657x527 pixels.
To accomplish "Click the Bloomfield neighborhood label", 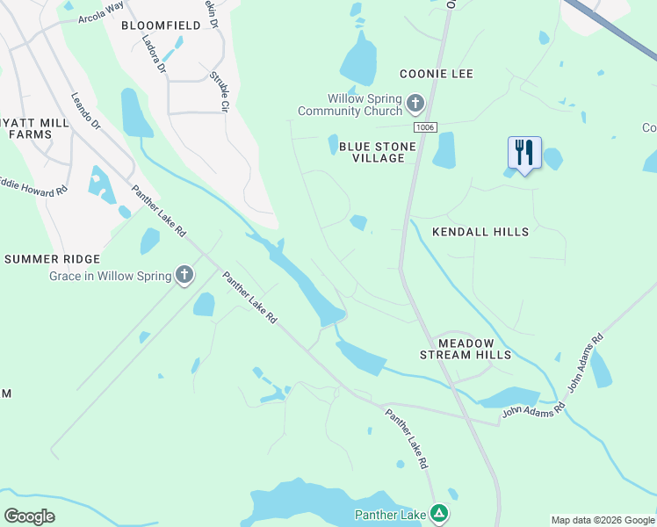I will [x=161, y=25].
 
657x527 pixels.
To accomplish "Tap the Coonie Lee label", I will [x=437, y=74].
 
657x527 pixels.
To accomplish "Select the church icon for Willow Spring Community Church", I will [x=415, y=105].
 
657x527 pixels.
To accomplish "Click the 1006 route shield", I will [x=426, y=127].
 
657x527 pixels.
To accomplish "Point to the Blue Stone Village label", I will [x=372, y=152].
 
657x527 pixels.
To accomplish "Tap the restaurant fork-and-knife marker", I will [x=524, y=152].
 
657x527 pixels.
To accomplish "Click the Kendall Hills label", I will [x=480, y=232].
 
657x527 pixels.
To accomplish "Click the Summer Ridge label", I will [x=52, y=259].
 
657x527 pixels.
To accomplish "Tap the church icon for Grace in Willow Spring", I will [x=184, y=276].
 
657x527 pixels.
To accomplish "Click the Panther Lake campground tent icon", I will [x=439, y=514].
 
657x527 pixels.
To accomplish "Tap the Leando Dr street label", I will [x=86, y=112].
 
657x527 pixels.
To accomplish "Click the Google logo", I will [x=29, y=516].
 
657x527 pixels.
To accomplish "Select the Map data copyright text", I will [x=603, y=520].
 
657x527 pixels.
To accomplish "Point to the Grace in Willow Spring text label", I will [x=110, y=277].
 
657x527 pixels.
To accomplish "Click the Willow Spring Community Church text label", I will [x=350, y=105].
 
